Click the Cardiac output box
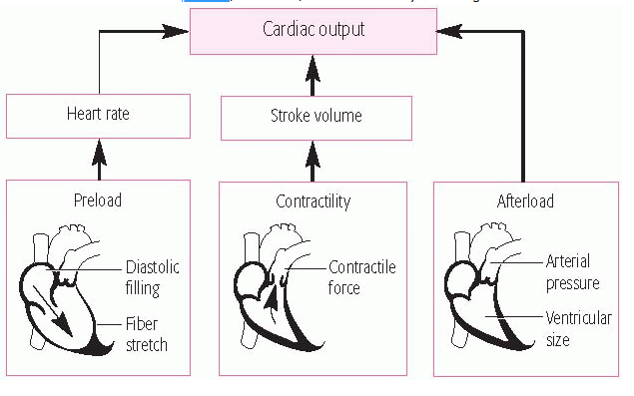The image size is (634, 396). click(313, 29)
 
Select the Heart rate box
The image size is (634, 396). click(97, 115)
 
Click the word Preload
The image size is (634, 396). click(97, 200)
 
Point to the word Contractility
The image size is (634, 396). click(313, 201)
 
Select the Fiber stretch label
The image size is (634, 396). click(147, 334)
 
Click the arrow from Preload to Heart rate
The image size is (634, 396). click(98, 158)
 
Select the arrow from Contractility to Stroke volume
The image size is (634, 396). click(313, 158)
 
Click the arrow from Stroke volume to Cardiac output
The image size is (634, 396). click(313, 74)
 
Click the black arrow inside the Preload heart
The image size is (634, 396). click(56, 303)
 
